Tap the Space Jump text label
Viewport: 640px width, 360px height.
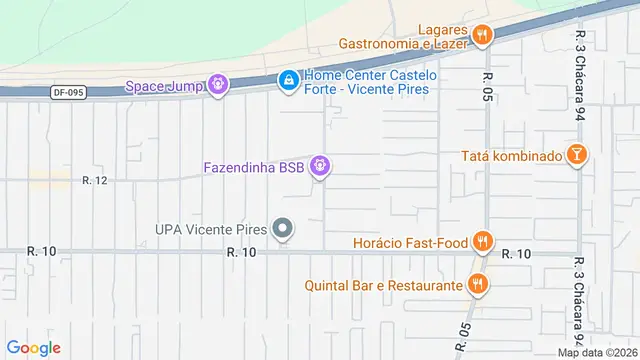pos(164,86)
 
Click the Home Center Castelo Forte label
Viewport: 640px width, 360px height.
pos(367,82)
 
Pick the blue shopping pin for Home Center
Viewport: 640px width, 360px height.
pos(288,78)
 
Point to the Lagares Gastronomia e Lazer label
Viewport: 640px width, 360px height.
pos(404,37)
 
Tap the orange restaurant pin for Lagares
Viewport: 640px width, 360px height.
pos(483,36)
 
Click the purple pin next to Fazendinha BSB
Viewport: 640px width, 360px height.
pos(320,166)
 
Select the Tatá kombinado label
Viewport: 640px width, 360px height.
pos(510,155)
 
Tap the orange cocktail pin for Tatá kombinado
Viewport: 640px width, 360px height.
pos(577,154)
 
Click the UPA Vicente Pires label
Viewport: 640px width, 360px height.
pos(210,229)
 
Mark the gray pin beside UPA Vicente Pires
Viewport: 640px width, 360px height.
pos(283,230)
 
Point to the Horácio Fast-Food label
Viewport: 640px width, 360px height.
pos(411,242)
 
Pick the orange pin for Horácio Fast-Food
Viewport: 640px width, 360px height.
pos(483,241)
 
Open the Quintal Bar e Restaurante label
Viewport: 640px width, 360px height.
pos(385,286)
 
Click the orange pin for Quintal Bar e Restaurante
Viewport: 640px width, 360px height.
pos(479,285)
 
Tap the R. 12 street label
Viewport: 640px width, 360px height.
pos(95,180)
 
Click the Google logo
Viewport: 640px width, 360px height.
pos(33,348)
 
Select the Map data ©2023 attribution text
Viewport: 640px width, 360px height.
pos(597,352)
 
